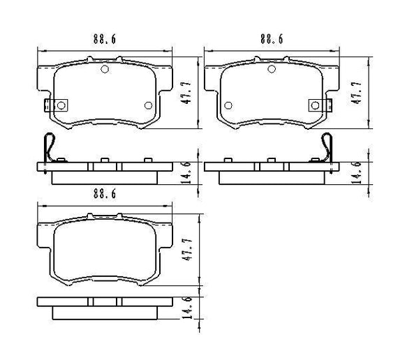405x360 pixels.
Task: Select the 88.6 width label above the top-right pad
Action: [271, 40]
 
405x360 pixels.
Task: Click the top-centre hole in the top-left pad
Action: [105, 68]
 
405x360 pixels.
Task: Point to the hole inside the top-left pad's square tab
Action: [61, 105]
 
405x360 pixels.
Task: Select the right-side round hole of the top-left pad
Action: [147, 105]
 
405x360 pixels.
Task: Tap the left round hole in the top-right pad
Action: [228, 105]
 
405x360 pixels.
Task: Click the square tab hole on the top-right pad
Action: [314, 105]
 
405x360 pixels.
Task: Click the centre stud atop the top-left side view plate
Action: [105, 160]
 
